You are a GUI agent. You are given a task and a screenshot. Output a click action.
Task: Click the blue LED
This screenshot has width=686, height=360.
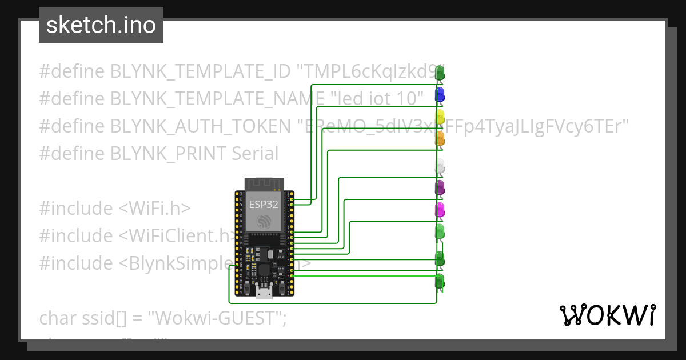[440, 94]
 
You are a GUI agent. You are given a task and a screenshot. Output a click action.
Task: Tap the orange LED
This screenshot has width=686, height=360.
[440, 137]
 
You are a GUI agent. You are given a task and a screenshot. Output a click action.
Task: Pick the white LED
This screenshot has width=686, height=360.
[440, 167]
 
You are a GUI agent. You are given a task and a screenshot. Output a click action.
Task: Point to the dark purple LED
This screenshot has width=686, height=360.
[440, 187]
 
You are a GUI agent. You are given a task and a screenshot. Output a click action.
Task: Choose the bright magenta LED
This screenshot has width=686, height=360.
[440, 209]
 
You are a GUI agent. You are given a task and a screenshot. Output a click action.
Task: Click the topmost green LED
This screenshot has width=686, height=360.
[440, 73]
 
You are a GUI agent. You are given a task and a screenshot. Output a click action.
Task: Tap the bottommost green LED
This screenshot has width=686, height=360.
[440, 281]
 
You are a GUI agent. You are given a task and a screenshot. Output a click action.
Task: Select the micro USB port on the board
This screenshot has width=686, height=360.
[264, 293]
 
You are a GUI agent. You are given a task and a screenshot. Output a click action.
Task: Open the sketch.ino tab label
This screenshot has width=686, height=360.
[101, 25]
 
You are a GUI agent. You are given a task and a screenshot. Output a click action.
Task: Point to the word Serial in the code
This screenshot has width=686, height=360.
[255, 154]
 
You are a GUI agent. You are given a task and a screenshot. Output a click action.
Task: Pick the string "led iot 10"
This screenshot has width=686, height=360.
[377, 99]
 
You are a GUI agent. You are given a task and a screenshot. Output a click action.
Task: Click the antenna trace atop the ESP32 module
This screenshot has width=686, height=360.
[264, 184]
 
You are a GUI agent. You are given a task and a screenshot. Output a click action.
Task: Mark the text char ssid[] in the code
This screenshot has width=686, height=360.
[82, 318]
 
